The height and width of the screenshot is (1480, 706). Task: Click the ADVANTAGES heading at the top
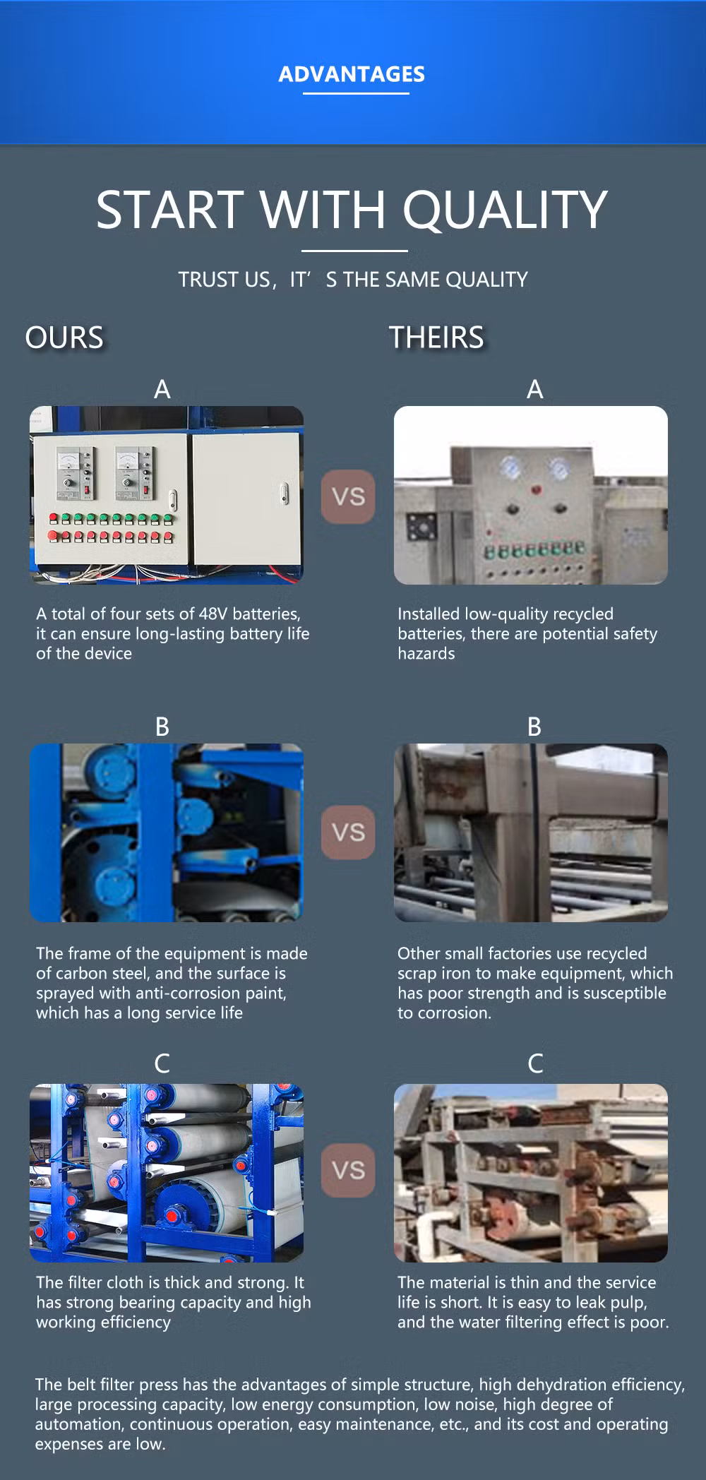click(352, 74)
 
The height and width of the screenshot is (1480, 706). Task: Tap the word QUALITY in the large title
click(505, 210)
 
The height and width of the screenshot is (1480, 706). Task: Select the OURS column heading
click(64, 338)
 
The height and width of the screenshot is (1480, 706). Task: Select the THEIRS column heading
click(436, 338)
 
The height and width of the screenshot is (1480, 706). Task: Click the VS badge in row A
click(348, 496)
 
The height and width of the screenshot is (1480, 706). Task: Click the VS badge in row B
click(348, 832)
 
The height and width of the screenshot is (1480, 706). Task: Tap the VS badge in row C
click(348, 1170)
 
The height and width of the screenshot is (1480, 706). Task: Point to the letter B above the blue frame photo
click(162, 727)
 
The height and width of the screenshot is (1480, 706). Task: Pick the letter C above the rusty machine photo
click(535, 1063)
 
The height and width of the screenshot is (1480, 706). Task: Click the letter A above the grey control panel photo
click(535, 389)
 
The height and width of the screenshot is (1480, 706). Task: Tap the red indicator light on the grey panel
click(537, 487)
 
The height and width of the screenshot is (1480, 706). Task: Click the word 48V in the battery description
click(213, 614)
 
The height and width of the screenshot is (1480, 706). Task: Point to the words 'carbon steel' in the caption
click(102, 973)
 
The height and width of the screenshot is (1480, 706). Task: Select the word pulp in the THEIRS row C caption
click(628, 1302)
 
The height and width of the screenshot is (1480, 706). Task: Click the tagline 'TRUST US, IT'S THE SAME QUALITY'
click(352, 280)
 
